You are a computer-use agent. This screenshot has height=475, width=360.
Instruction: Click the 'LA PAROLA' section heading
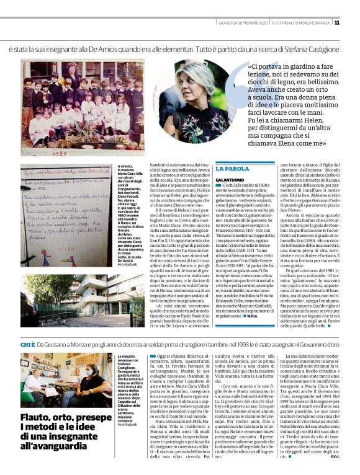tap(233, 168)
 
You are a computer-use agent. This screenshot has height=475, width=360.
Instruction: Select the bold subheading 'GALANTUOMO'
tap(230, 179)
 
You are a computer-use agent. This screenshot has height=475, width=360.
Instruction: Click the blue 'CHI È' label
tap(28, 344)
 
